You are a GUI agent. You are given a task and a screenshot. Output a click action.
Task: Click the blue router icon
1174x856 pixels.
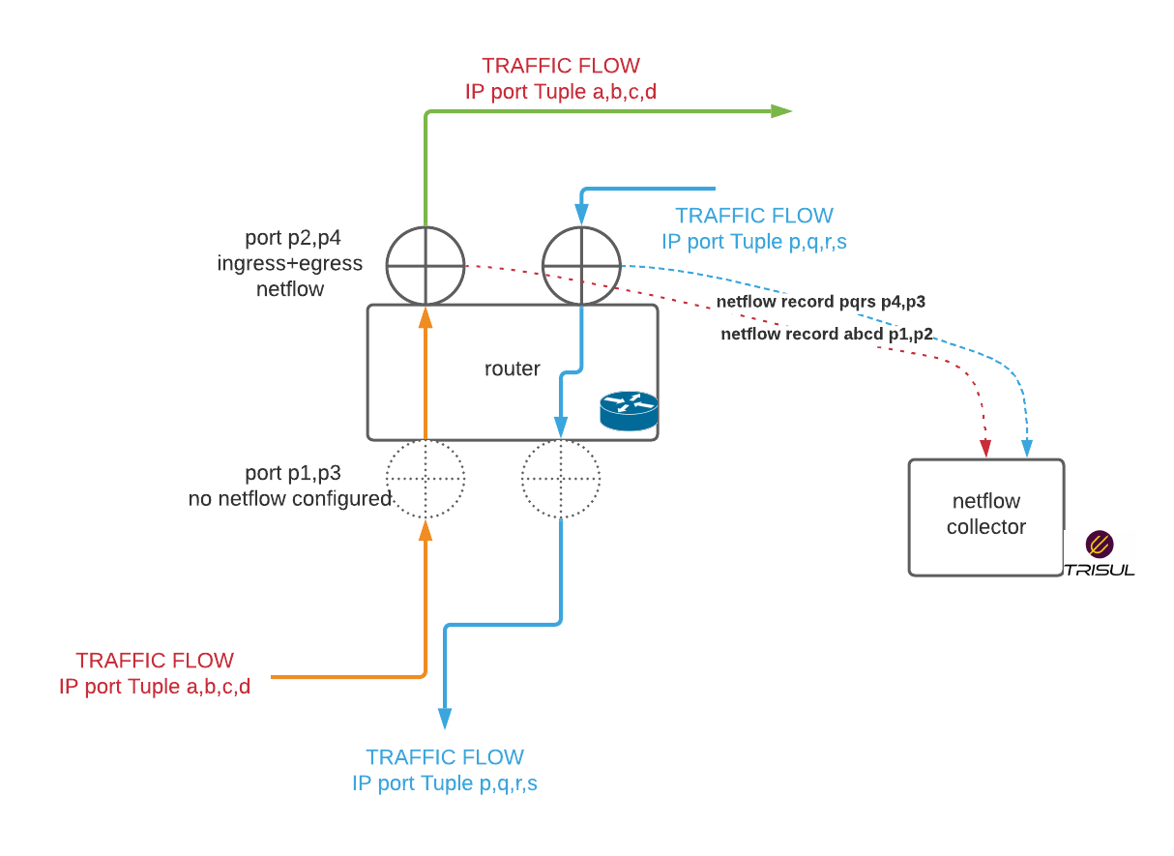coord(629,411)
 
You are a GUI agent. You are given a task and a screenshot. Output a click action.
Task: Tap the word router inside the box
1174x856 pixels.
coord(512,369)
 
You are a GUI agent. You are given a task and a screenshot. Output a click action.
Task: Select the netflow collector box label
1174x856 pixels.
coord(986,515)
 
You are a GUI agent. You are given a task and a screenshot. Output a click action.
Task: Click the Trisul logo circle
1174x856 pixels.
coord(1100,545)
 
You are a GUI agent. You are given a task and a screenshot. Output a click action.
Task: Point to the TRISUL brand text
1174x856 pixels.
coord(1100,570)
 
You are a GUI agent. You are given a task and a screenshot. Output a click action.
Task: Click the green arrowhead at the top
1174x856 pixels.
coord(781,111)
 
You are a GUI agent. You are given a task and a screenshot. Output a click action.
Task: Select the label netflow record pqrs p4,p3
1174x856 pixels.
coord(821,302)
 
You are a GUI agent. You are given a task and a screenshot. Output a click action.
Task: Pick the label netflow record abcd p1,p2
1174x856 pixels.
coord(827,334)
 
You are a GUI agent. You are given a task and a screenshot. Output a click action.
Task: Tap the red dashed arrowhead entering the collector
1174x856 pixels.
coord(985,449)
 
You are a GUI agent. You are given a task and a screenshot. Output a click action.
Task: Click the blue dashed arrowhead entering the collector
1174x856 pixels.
coord(1027,449)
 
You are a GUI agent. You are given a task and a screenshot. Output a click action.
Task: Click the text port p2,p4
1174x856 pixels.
coord(293,239)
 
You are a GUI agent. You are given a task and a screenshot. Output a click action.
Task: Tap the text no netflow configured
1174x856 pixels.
coord(290,499)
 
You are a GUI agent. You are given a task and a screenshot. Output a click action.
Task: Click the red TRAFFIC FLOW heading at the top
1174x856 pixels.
coord(561,66)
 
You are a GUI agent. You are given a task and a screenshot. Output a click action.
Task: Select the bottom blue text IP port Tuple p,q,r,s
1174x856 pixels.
coord(445,784)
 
